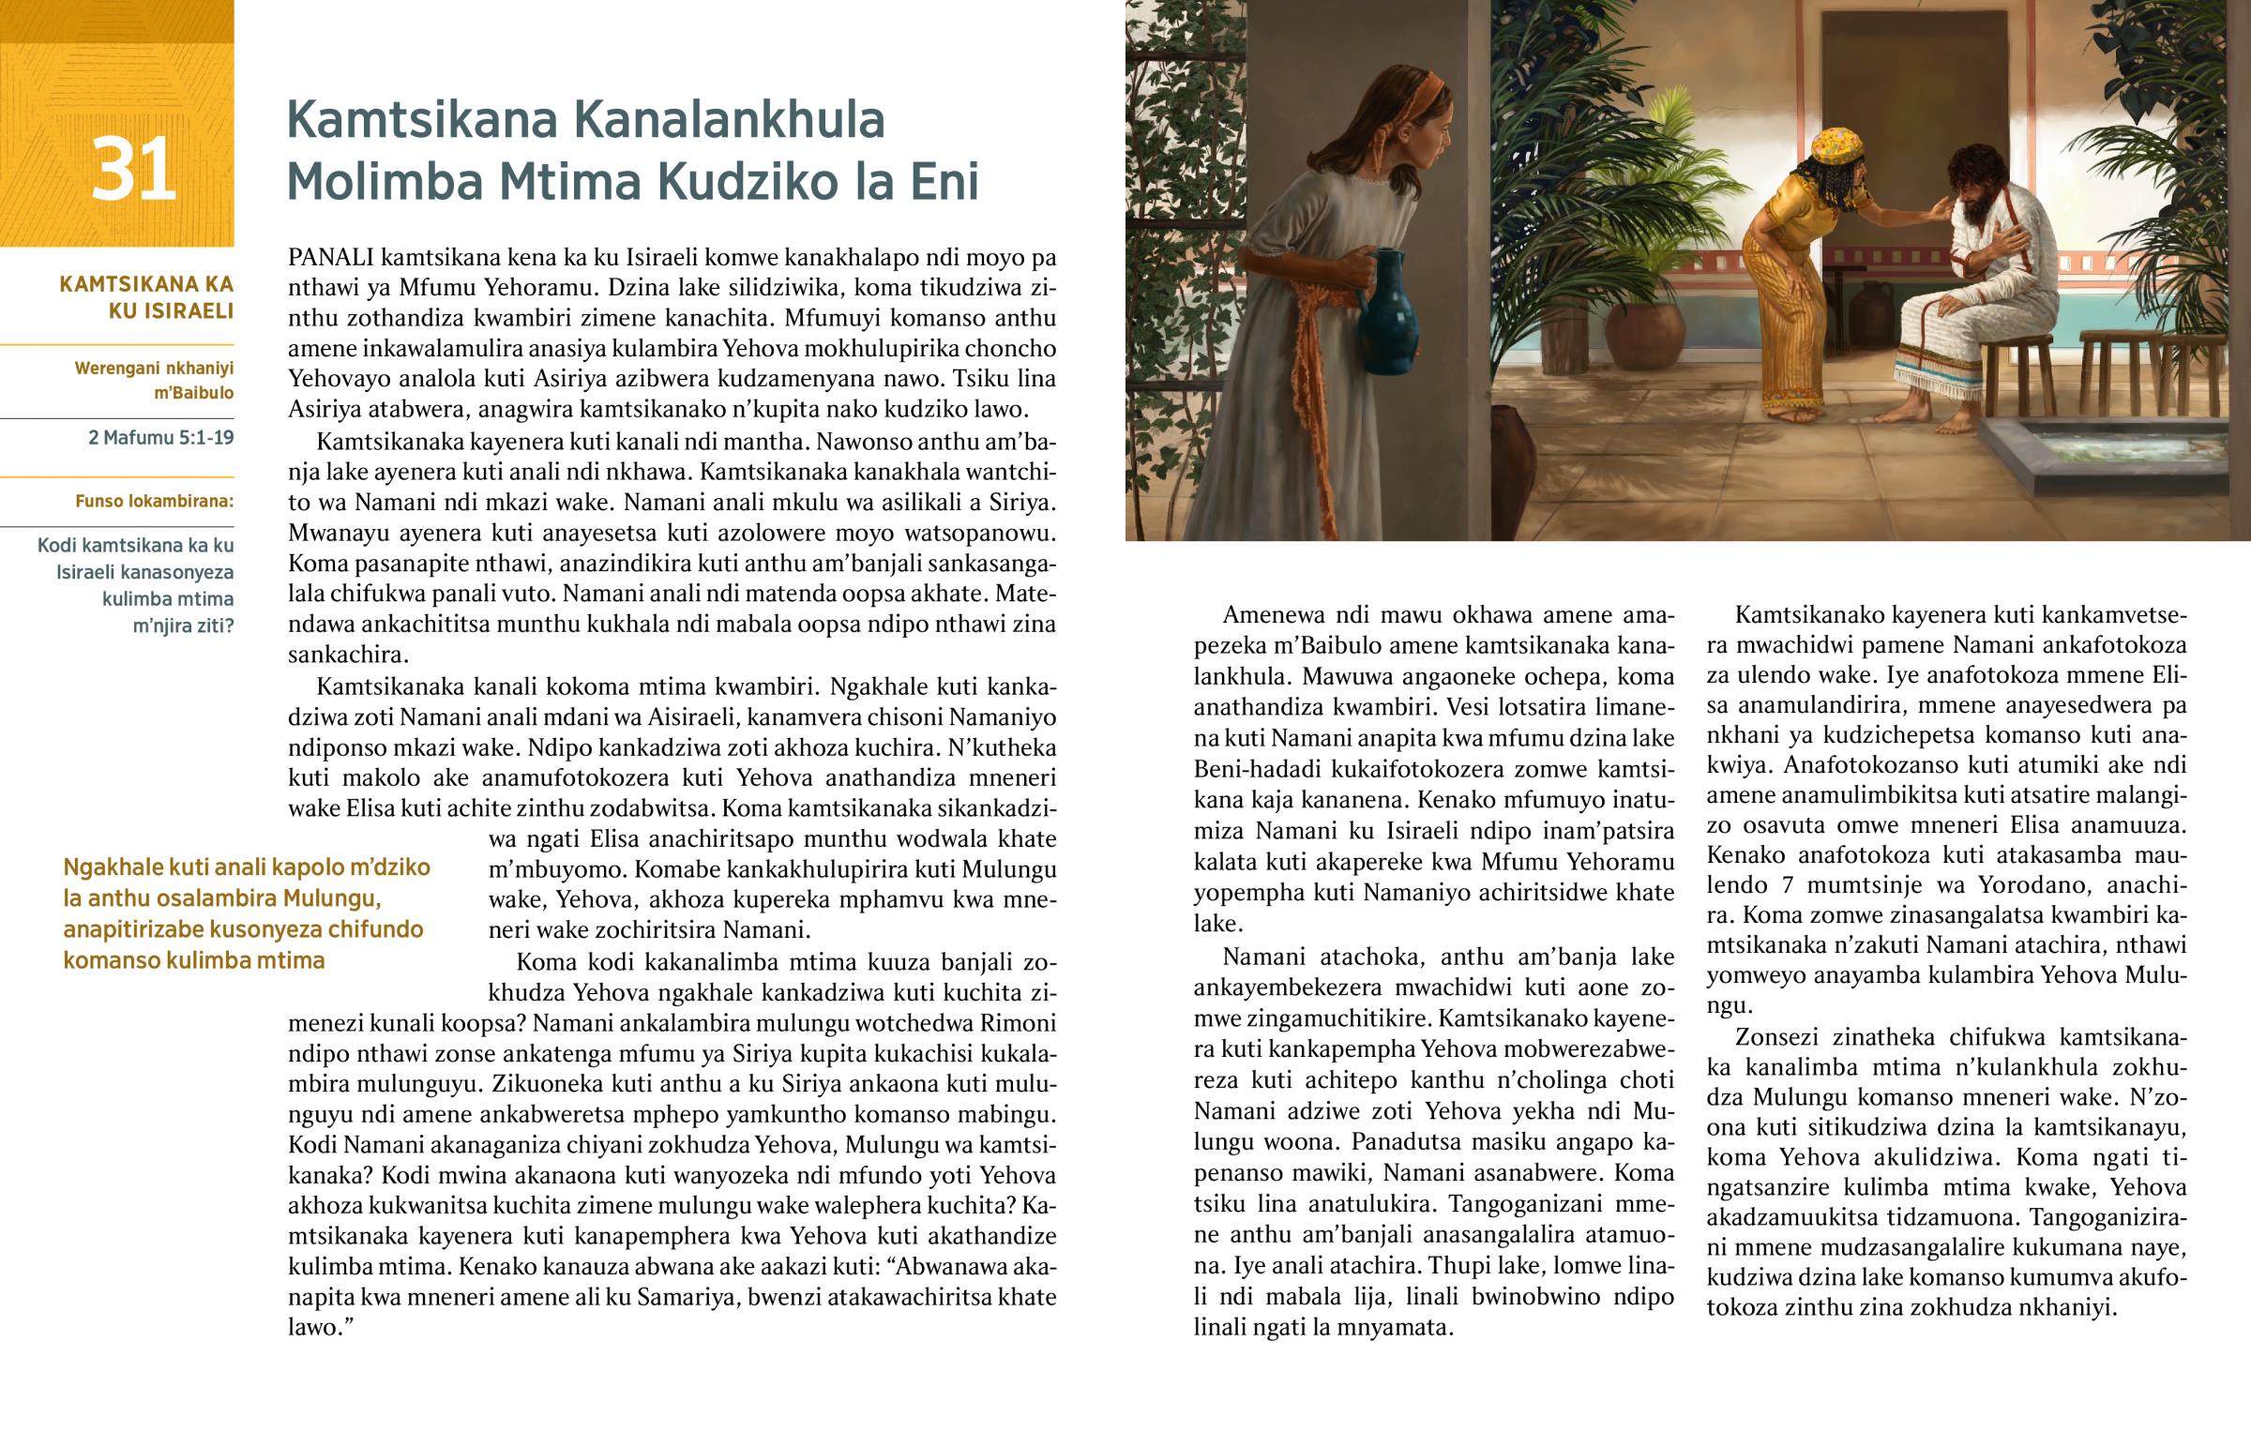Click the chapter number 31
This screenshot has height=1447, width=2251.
point(133,169)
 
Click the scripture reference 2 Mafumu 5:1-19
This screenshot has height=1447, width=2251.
point(160,438)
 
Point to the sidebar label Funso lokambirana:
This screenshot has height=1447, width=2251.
point(154,502)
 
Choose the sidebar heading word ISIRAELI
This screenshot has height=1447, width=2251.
point(171,311)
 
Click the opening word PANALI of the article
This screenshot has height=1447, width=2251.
point(331,258)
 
